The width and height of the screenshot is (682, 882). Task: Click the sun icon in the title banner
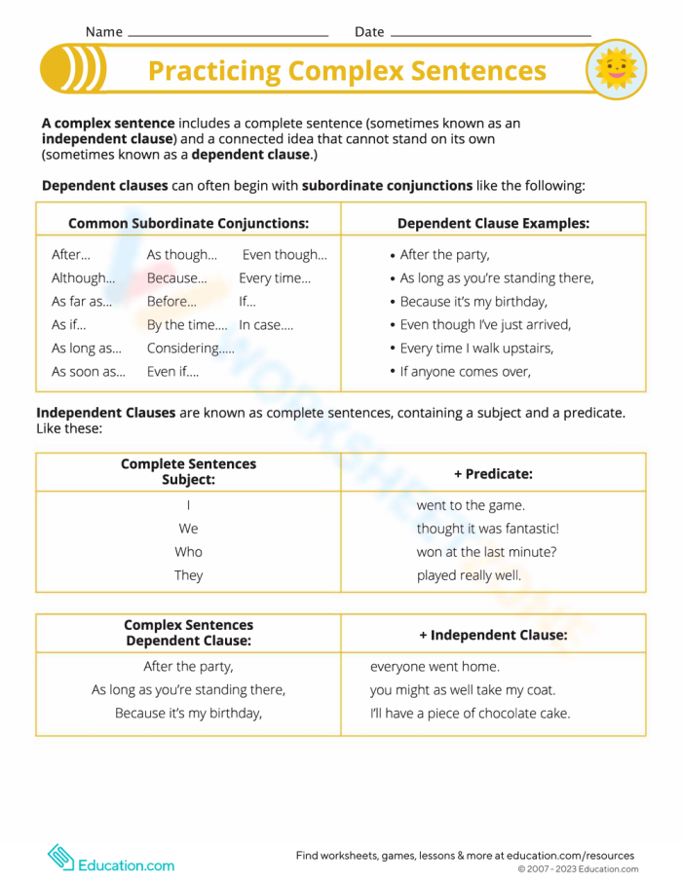[616, 70]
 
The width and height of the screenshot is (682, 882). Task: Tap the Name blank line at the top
[228, 34]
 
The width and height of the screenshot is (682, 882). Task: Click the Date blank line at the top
[489, 34]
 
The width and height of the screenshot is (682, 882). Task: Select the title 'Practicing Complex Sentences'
[347, 71]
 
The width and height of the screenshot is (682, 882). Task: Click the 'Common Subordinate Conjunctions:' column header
[188, 223]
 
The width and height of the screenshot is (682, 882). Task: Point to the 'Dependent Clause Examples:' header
[493, 223]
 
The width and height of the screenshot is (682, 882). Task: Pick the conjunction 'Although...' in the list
[83, 278]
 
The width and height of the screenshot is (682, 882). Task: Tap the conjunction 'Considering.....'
[190, 349]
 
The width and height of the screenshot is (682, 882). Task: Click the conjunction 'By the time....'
[186, 325]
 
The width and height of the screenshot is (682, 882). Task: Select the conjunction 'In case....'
[266, 325]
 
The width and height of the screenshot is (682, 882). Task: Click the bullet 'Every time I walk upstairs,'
[476, 349]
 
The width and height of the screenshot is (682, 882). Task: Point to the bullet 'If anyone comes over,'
[465, 372]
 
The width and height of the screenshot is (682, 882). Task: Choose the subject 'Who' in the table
[188, 552]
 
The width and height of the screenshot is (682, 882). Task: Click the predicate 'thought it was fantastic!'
[487, 529]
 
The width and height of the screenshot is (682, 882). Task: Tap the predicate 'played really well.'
[469, 575]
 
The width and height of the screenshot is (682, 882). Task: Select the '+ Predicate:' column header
[493, 473]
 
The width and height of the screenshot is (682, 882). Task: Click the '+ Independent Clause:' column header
[493, 635]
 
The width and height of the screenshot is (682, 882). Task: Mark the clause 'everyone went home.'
[435, 667]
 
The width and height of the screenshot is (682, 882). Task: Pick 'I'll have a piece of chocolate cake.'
[470, 714]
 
